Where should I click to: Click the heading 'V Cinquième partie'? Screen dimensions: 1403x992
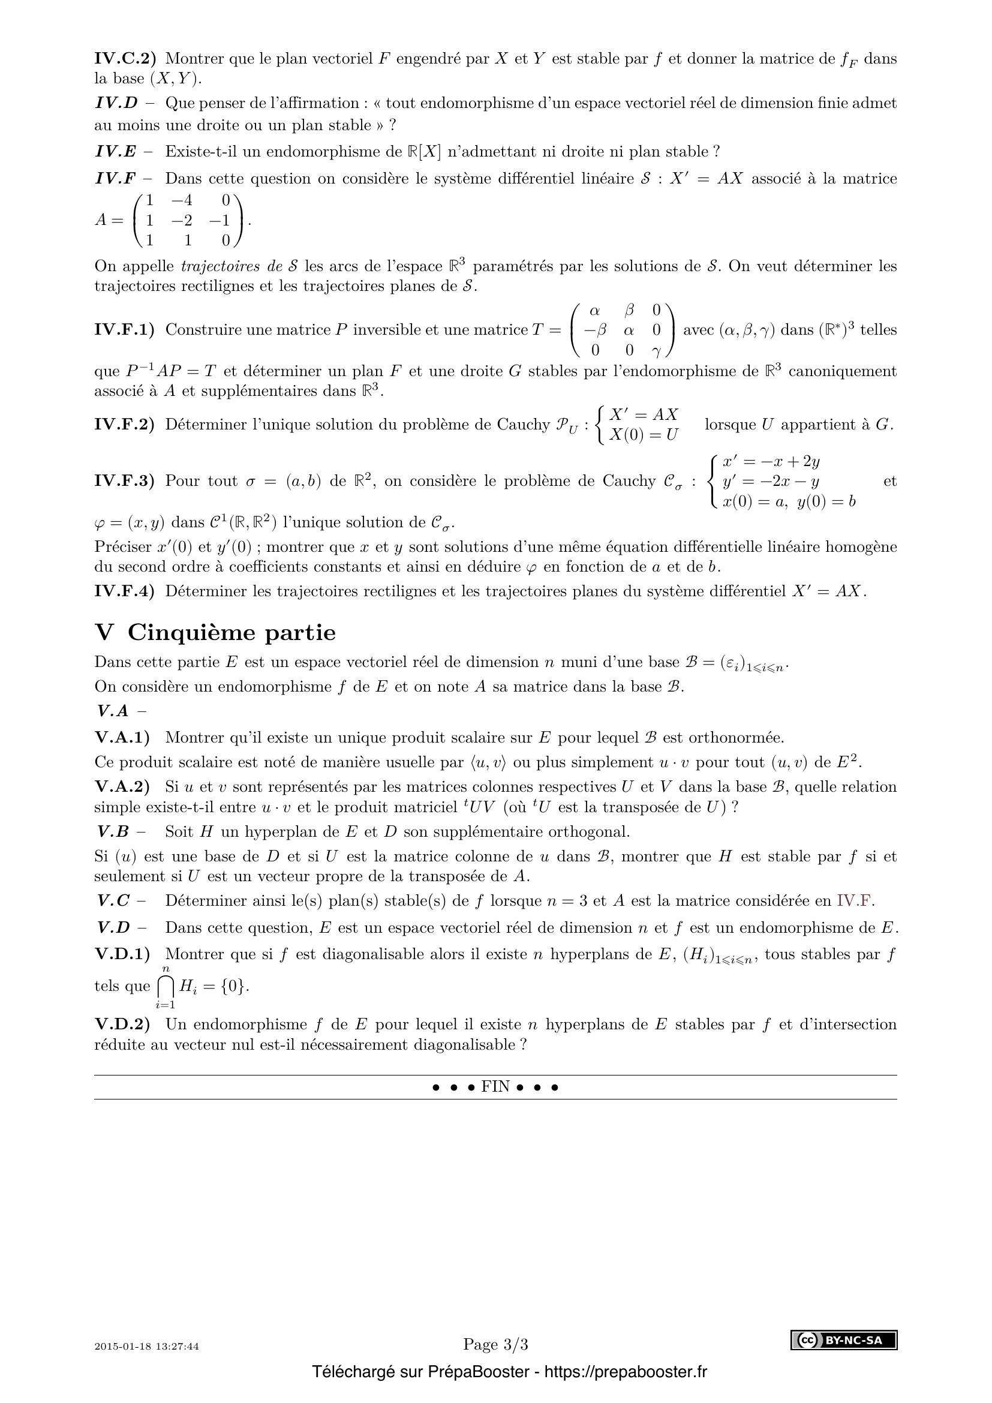[x=215, y=632]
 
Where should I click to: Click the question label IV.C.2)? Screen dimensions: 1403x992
[x=125, y=59]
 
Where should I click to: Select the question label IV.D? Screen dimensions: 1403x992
[x=117, y=103]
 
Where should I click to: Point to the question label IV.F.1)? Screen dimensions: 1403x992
[x=125, y=330]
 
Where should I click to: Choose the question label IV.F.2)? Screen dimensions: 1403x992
[x=125, y=424]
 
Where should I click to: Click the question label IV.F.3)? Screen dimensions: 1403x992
[x=125, y=481]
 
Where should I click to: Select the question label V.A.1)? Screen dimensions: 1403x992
[x=122, y=738]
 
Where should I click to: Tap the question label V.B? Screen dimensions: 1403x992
[x=113, y=831]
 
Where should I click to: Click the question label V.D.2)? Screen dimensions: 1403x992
[x=122, y=1025]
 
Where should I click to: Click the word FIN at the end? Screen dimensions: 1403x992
[x=495, y=1087]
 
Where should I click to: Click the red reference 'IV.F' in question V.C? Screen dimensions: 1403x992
[x=855, y=901]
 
